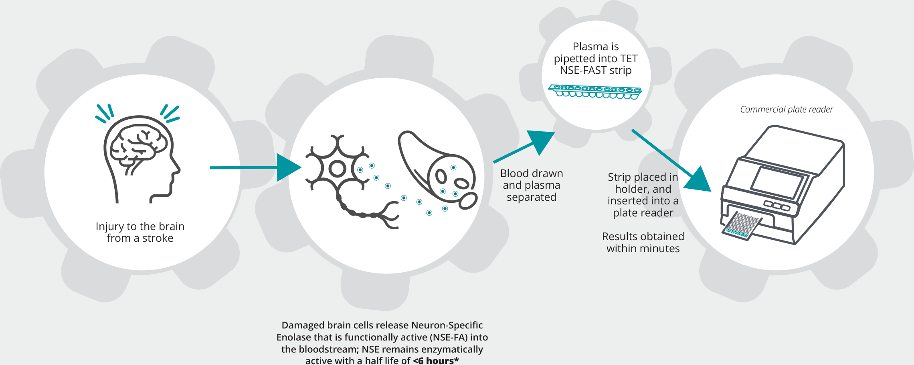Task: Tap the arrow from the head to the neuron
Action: tap(255, 167)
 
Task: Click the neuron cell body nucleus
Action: tap(338, 169)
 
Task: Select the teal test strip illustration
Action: tap(595, 92)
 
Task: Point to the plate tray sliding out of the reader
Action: tap(742, 226)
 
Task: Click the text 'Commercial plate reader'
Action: tap(787, 110)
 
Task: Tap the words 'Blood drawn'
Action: tap(532, 173)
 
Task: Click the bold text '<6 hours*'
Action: tap(436, 361)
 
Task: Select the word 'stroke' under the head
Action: tap(158, 238)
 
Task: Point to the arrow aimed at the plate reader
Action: tap(671, 161)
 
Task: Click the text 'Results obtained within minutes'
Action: tap(643, 243)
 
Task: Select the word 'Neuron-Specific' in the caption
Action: tap(447, 325)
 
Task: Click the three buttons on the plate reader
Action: tap(776, 206)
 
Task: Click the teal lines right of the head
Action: tap(170, 113)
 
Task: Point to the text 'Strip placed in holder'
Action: tap(643, 183)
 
